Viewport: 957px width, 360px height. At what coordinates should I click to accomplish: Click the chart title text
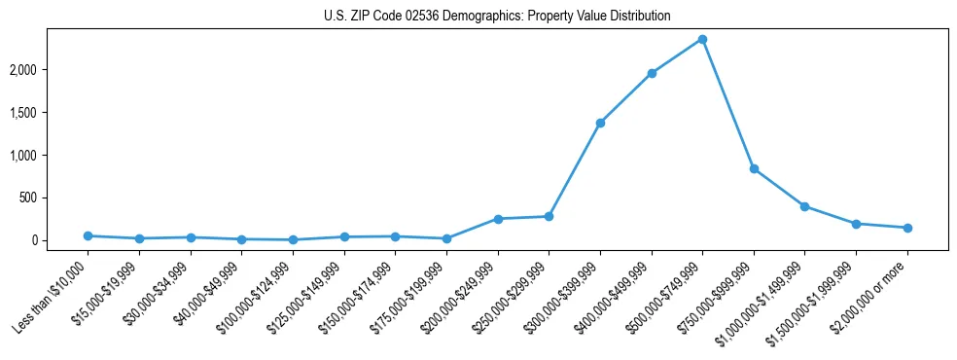[497, 17]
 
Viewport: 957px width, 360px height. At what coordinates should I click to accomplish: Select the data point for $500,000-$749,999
[702, 39]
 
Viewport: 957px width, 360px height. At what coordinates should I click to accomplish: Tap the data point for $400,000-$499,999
[652, 73]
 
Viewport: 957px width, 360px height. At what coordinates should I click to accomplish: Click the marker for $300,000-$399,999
[600, 123]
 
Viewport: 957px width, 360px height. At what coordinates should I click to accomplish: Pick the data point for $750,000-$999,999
[754, 168]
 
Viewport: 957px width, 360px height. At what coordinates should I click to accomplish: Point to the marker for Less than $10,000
[89, 235]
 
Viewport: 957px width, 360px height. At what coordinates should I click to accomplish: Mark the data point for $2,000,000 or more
[907, 228]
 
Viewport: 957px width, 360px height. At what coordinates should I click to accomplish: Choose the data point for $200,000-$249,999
[498, 219]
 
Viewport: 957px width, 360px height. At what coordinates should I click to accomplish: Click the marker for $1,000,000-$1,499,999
[804, 206]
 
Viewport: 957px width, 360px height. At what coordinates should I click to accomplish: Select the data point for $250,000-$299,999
[549, 216]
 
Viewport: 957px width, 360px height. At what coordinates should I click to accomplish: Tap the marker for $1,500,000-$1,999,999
[856, 224]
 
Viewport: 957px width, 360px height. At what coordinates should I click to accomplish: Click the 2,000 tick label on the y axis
[48, 70]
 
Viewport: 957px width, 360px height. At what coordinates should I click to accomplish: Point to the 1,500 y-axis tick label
[48, 113]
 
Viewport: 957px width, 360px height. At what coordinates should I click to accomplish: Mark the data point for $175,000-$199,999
[446, 238]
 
